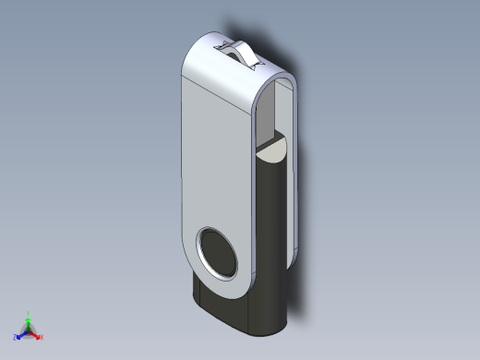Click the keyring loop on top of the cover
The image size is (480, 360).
pyautogui.click(x=243, y=53)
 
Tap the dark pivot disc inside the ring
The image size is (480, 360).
pyautogui.click(x=220, y=254)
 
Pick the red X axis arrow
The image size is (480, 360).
pyautogui.click(x=36, y=335)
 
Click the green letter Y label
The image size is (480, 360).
pyautogui.click(x=29, y=313)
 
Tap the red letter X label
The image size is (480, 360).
pyautogui.click(x=42, y=338)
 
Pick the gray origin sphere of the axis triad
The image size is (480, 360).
pyautogui.click(x=29, y=330)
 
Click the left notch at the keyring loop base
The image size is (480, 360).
pyautogui.click(x=222, y=42)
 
